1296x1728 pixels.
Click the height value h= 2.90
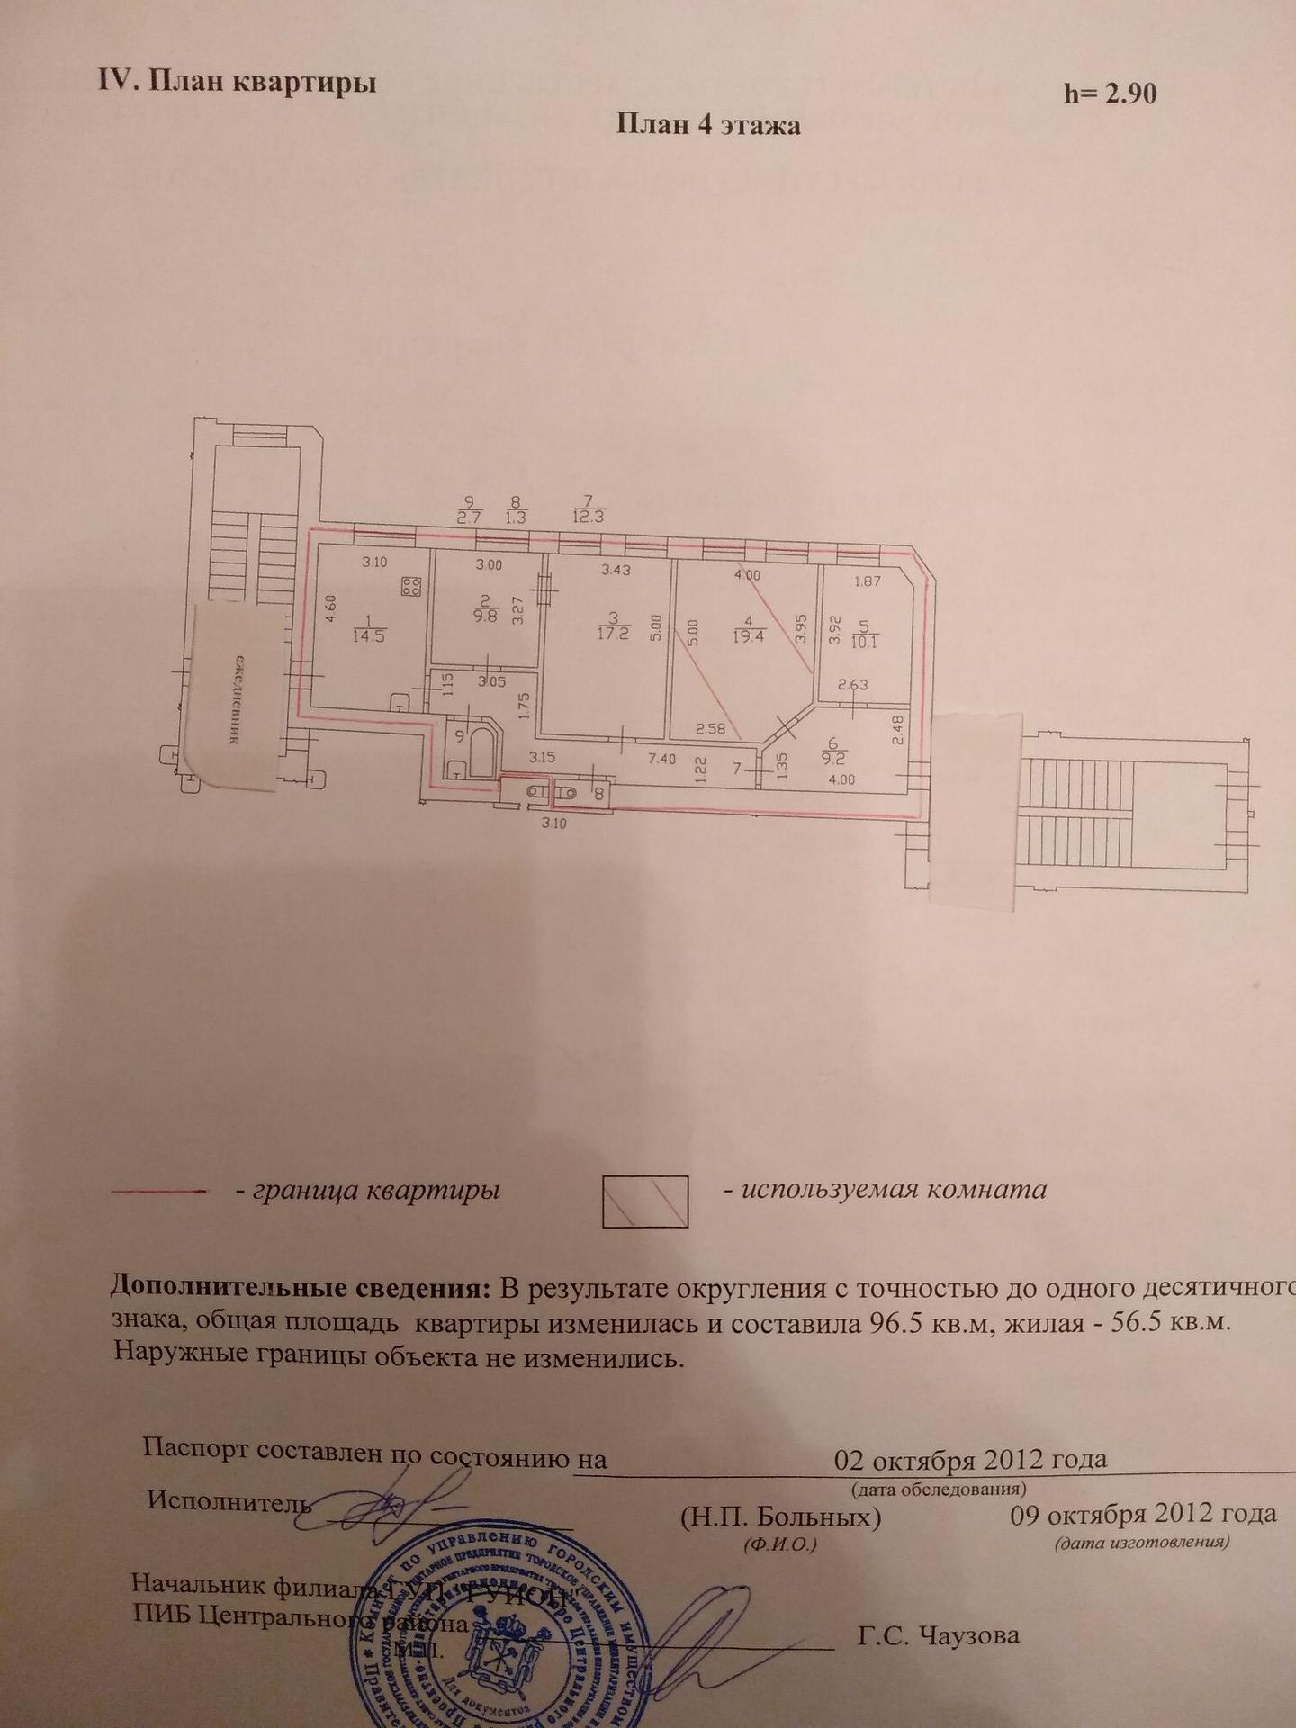pos(1110,94)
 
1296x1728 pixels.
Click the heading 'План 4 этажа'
pos(708,124)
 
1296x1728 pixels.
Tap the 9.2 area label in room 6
pos(832,757)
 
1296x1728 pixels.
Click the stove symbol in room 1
pos(411,588)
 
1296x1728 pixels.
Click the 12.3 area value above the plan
pos(588,517)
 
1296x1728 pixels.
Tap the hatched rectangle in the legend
pos(645,1201)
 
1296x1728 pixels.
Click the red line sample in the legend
pos(158,1191)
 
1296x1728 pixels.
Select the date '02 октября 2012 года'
pos(970,1459)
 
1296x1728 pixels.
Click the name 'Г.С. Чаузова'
pos(939,1634)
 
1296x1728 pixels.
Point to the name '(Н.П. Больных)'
pos(780,1517)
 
